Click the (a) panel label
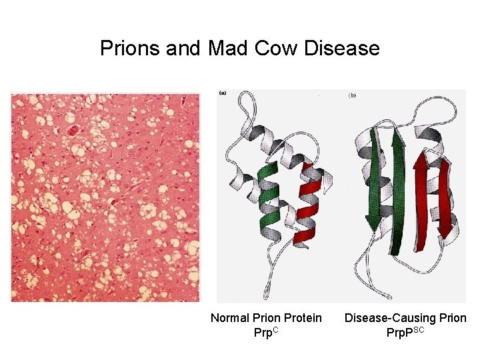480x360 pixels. tap(222, 93)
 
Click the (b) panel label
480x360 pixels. tap(351, 96)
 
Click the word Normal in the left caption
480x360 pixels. tap(230, 318)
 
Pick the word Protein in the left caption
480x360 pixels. tap(303, 318)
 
